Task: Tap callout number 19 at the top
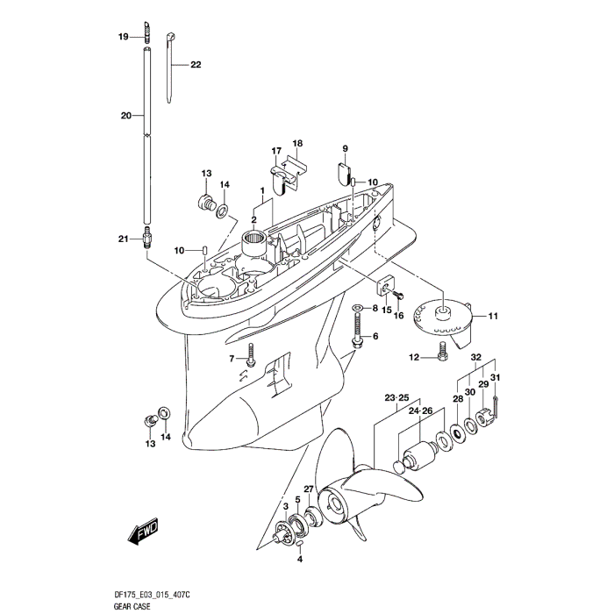124,36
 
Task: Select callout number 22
196,65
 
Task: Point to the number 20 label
125,115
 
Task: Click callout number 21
124,238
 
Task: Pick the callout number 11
493,316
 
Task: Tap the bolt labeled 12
441,357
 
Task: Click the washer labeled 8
358,309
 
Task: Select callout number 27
309,488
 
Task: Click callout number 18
297,143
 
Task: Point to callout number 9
345,148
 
